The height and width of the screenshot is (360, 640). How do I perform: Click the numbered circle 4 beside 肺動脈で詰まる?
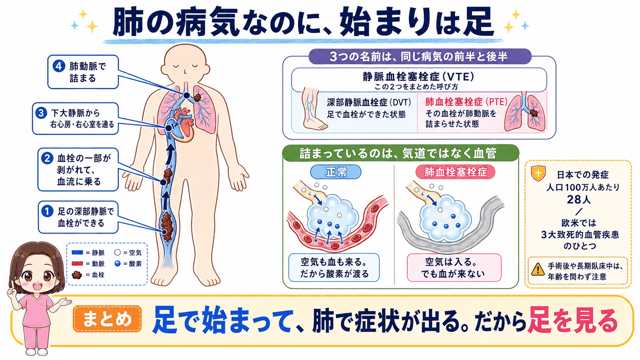click(x=59, y=66)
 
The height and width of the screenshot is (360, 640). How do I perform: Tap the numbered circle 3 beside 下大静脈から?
click(x=41, y=113)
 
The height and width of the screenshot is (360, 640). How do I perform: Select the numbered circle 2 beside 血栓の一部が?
click(x=47, y=158)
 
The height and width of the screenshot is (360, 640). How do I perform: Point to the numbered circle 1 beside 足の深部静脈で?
click(x=47, y=211)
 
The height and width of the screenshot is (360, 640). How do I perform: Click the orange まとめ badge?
click(x=107, y=319)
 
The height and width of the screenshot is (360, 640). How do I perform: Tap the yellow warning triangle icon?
click(x=538, y=269)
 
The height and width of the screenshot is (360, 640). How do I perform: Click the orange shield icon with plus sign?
click(x=538, y=173)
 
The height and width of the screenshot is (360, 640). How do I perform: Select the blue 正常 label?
click(x=336, y=172)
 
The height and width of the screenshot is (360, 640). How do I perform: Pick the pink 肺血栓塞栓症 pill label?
click(x=456, y=172)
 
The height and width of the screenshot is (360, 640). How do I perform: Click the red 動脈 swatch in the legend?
click(x=77, y=264)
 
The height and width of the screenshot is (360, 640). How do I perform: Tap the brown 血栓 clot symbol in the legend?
click(x=77, y=275)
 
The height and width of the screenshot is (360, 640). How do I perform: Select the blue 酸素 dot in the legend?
click(x=118, y=264)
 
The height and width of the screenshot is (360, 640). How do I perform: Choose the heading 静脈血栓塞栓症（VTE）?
click(x=419, y=77)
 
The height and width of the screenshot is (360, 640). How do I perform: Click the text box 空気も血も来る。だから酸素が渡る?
click(x=334, y=267)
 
